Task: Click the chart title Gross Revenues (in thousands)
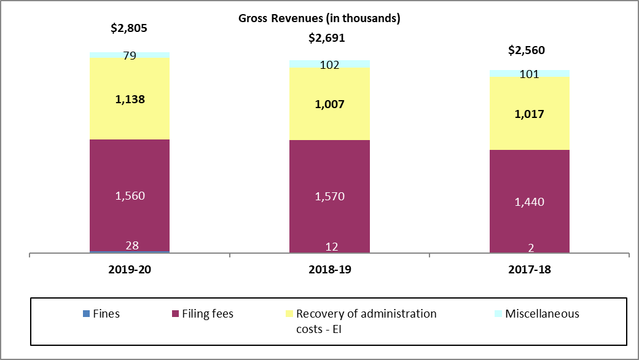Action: coord(319,18)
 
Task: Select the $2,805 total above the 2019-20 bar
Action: coord(129,28)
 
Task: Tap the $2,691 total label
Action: coord(326,38)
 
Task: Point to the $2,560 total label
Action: coord(527,50)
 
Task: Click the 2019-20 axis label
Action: coord(129,270)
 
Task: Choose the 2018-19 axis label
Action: coord(329,270)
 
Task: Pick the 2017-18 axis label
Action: coord(529,270)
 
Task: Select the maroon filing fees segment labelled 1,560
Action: coord(129,195)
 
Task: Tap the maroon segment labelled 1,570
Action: coord(329,196)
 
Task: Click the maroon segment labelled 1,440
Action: coord(529,202)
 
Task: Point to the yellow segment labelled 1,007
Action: coord(329,104)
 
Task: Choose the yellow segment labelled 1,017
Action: coord(529,114)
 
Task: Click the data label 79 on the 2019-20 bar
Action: coord(129,56)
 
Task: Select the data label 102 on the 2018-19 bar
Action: coord(329,64)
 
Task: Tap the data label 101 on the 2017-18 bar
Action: coord(529,74)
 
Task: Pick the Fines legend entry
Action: coord(101,314)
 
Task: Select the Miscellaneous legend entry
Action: coord(536,314)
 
